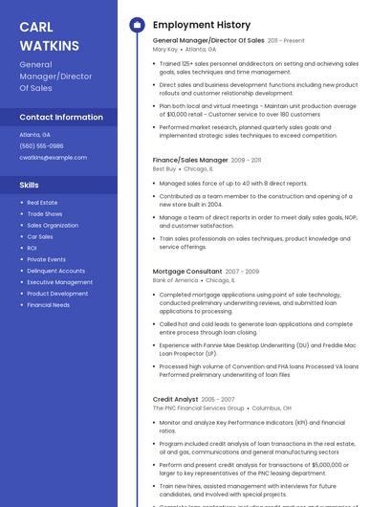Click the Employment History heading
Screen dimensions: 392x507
(x=201, y=25)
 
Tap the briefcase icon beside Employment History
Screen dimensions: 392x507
(x=137, y=25)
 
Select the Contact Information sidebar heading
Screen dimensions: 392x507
(x=61, y=117)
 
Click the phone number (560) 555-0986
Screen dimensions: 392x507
(x=41, y=146)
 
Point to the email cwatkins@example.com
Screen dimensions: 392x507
(x=53, y=158)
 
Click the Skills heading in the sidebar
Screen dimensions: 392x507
(x=30, y=185)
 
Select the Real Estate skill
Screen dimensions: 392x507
(x=42, y=203)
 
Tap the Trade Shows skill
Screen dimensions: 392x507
(x=44, y=214)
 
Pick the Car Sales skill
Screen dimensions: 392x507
(x=40, y=236)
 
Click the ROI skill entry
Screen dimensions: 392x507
(x=32, y=248)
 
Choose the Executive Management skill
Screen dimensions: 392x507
(x=59, y=282)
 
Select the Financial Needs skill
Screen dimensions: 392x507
(x=48, y=305)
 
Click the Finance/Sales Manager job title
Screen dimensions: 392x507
(x=190, y=160)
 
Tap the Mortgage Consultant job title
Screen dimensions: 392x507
(x=187, y=272)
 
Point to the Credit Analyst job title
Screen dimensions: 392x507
(x=175, y=399)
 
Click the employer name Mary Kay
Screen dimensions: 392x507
(x=165, y=49)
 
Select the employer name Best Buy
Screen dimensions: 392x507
(x=164, y=168)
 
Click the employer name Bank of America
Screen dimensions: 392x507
(x=175, y=280)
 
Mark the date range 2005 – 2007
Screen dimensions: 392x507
(x=218, y=399)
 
